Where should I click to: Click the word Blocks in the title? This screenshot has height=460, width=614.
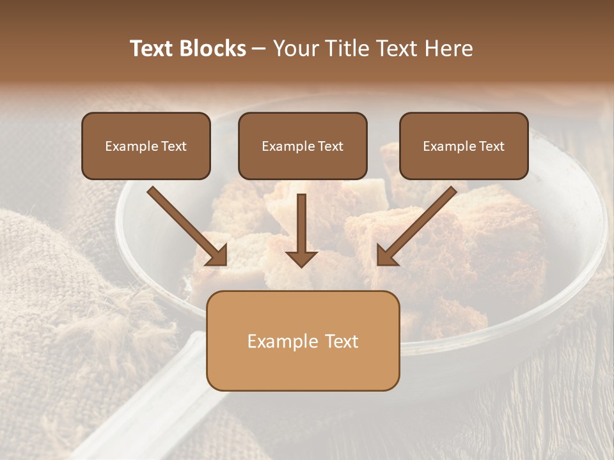coord(213,49)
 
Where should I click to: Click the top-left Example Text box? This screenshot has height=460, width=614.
coord(146,146)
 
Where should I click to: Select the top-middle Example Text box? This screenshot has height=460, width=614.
coord(303,146)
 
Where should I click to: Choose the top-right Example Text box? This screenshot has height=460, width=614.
coord(464,146)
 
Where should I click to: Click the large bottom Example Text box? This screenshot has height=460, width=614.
coord(303,341)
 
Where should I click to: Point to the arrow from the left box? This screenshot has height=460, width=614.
coord(185,224)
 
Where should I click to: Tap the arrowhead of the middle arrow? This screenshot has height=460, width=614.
coord(301,258)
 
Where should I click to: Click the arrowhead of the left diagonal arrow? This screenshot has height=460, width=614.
coord(217,255)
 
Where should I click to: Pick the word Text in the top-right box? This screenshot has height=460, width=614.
coord(491,146)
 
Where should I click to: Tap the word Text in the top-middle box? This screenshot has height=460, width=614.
coord(330,146)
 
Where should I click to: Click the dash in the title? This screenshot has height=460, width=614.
coord(259,49)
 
